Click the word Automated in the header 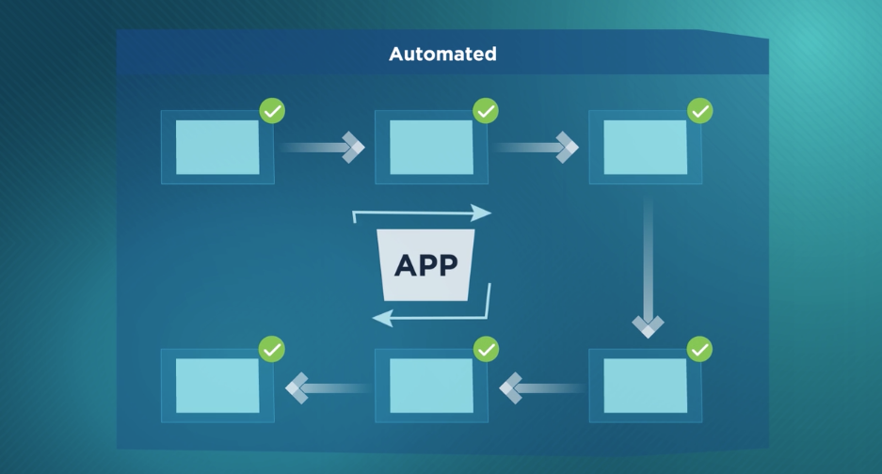coord(442,54)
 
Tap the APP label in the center coord(425,264)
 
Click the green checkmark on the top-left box coord(272,111)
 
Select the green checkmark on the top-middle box coord(486,111)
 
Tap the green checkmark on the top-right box coord(699,111)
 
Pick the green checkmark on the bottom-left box coord(272,350)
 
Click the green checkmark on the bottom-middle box coord(486,350)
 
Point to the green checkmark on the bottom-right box coord(699,350)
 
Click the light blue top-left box coord(217,147)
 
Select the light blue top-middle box coord(431,147)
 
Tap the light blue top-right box coord(645,147)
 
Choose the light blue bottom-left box coord(217,386)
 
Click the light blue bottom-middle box coord(431,386)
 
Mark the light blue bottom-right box coord(645,386)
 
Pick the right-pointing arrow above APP coord(423,214)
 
